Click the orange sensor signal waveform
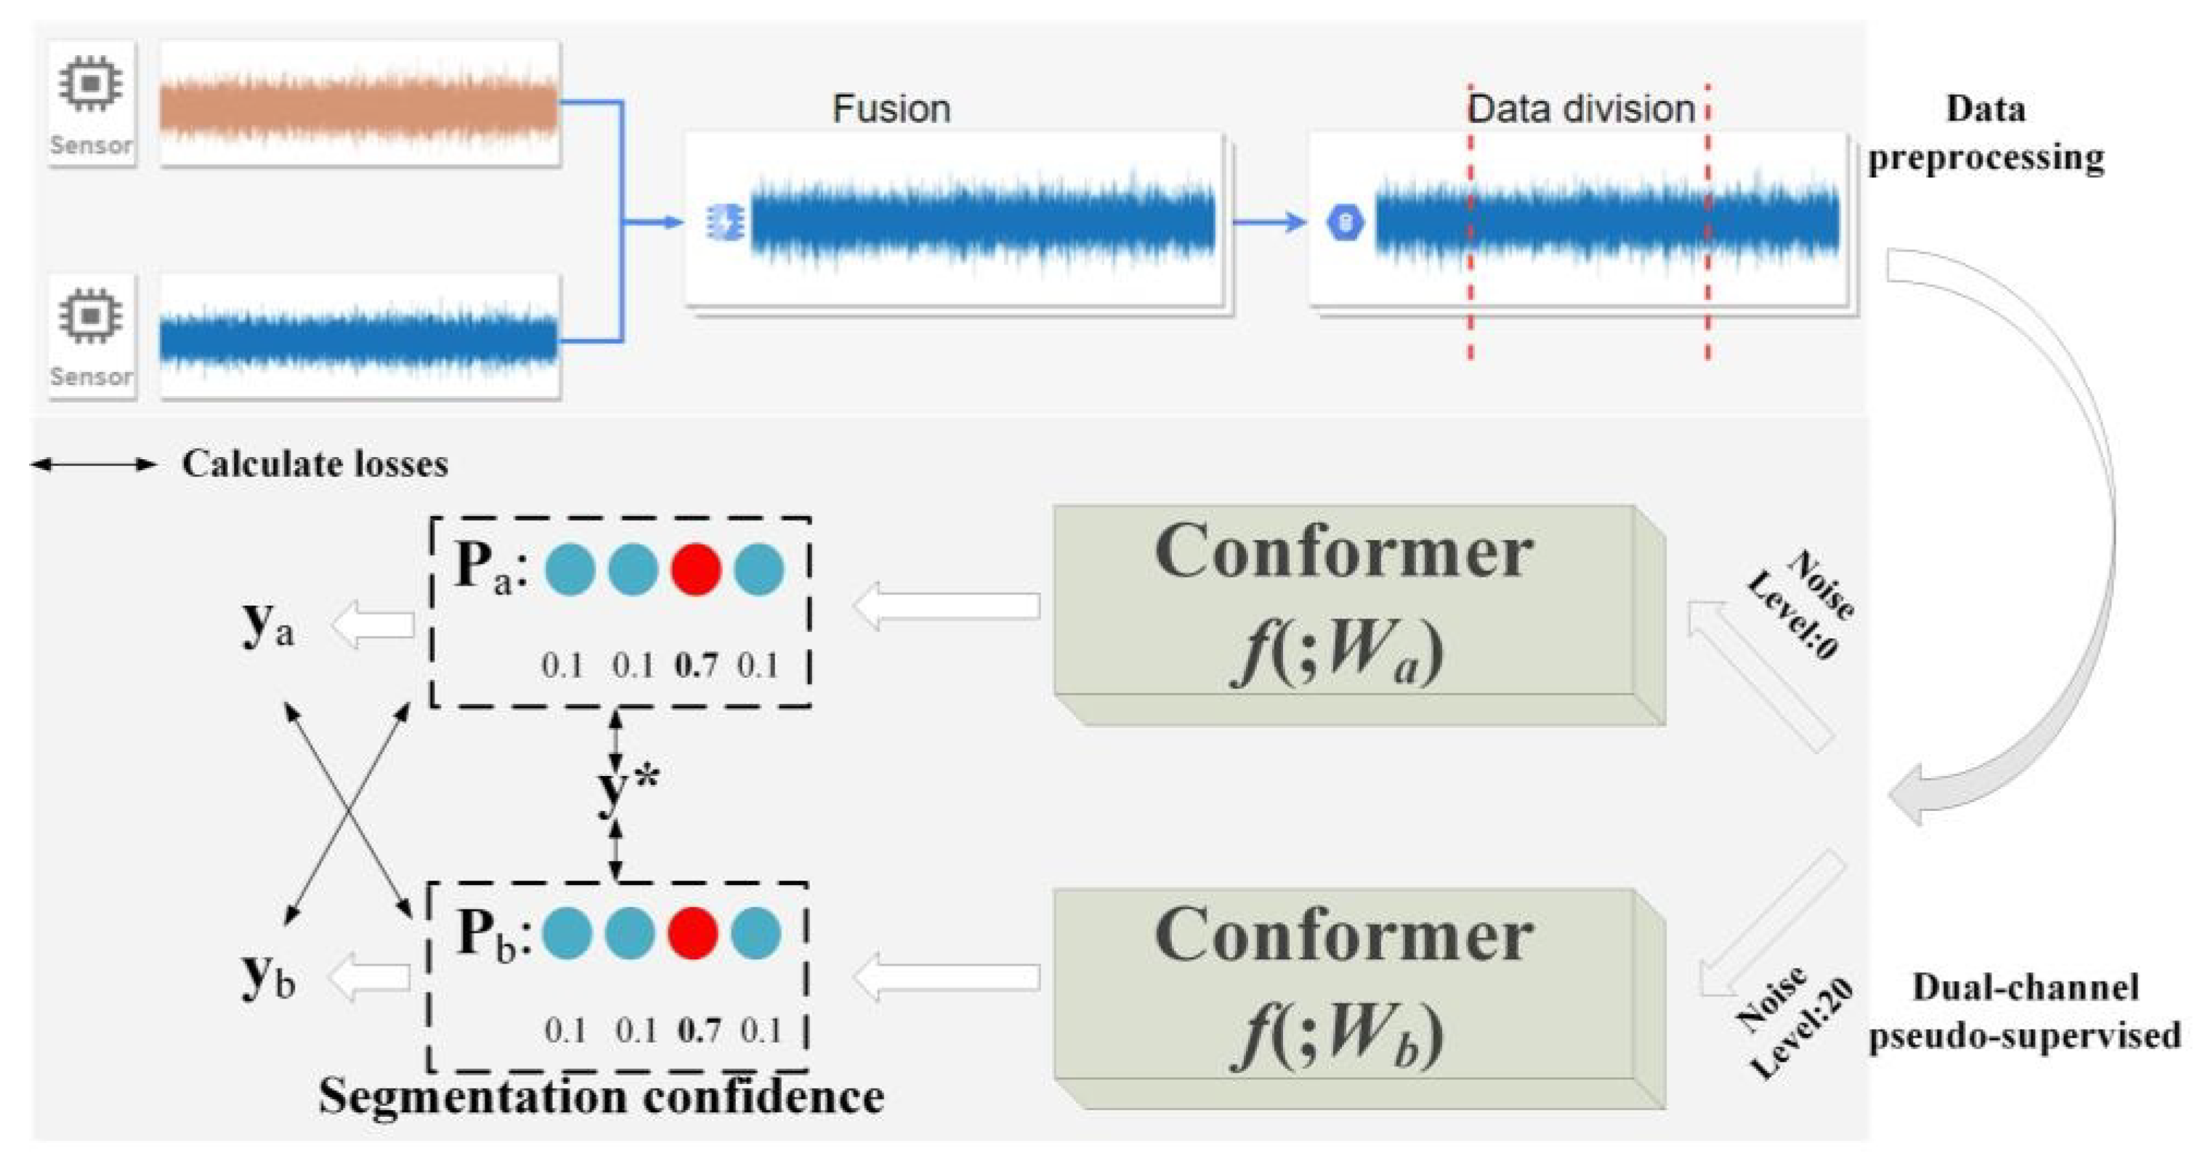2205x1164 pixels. pos(360,107)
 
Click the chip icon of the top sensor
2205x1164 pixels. pos(90,84)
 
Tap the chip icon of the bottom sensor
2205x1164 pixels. pos(90,316)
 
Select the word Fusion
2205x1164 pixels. pos(891,110)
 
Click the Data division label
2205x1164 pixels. pos(1581,110)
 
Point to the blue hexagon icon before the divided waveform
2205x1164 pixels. pos(1344,223)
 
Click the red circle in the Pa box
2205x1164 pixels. pos(695,569)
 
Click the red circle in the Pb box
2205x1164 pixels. pos(692,933)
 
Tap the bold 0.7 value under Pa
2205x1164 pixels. pos(696,666)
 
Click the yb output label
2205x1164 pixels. pos(268,977)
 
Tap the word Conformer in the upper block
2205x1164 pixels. pos(1343,553)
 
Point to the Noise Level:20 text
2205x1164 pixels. pos(1793,1023)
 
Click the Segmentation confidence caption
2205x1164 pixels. pos(601,1097)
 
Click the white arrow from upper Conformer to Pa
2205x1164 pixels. pos(946,606)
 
